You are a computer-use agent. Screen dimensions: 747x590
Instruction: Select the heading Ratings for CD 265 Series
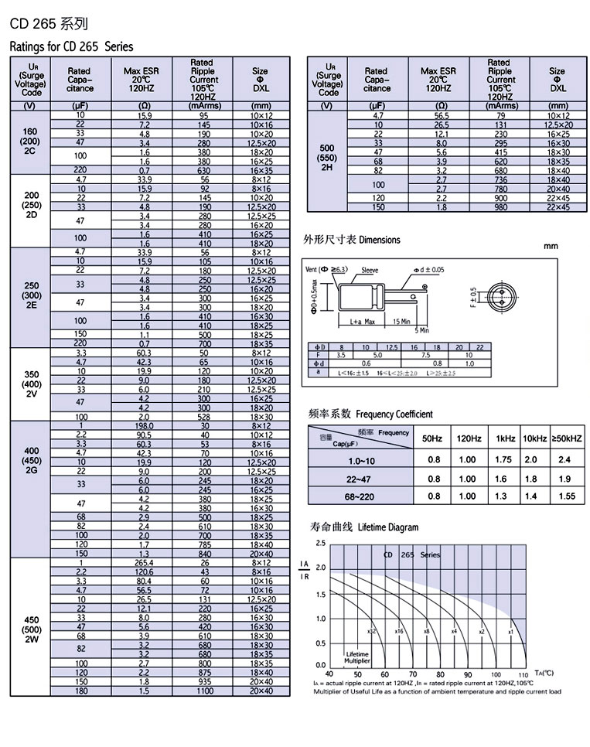(71, 47)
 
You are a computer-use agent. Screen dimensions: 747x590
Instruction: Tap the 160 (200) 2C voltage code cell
(32, 142)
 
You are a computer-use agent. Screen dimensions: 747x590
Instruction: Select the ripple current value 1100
(205, 691)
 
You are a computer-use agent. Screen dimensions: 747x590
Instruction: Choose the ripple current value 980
(501, 207)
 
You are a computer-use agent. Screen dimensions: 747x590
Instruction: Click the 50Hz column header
(432, 438)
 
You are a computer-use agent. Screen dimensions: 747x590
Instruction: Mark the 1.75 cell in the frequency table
(504, 459)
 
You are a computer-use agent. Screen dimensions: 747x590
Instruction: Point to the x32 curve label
(372, 632)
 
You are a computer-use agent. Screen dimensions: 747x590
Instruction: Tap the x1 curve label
(511, 632)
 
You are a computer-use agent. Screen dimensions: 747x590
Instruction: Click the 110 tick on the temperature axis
(522, 675)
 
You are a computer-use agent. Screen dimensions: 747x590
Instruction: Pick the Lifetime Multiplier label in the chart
(357, 657)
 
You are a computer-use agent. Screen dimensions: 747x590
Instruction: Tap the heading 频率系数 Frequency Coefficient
(370, 414)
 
